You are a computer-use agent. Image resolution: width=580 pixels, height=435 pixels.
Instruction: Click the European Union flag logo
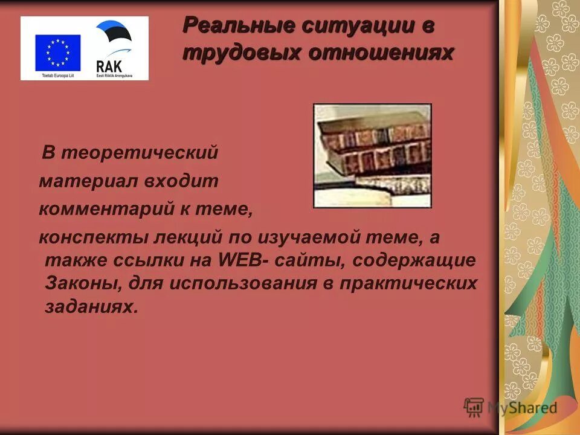[x=57, y=51]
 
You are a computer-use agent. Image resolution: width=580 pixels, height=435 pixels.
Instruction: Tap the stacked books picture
[x=372, y=155]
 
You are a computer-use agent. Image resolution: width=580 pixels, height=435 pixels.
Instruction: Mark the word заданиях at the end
[x=88, y=306]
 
